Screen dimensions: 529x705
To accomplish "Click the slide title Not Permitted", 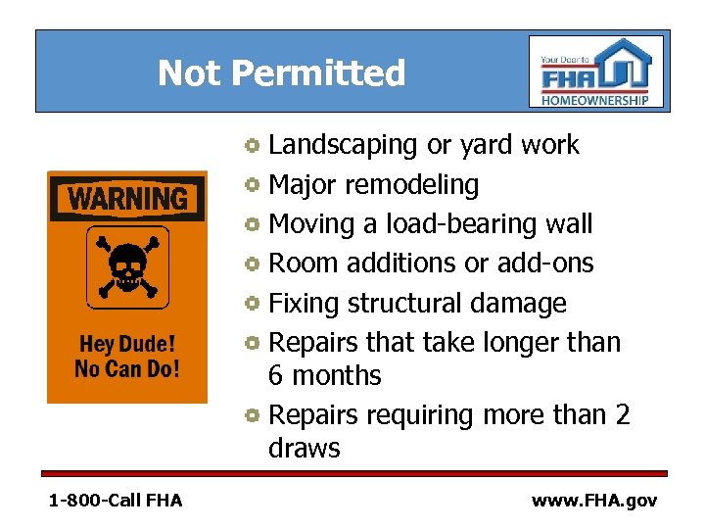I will coord(281,72).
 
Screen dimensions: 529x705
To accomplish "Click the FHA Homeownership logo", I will coord(596,72).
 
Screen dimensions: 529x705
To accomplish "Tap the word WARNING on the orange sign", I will coord(127,199).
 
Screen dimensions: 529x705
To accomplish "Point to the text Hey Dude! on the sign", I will coord(127,345).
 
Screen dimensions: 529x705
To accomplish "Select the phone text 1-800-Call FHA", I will coord(116,501).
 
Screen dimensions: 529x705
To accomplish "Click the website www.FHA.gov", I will coord(594,501).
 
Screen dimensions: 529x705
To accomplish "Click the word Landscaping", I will coord(343,145).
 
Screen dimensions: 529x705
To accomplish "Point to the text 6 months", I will coord(324,375).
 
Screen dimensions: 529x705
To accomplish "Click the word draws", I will coord(304,449).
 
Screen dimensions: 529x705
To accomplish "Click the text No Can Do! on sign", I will coord(127,369).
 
